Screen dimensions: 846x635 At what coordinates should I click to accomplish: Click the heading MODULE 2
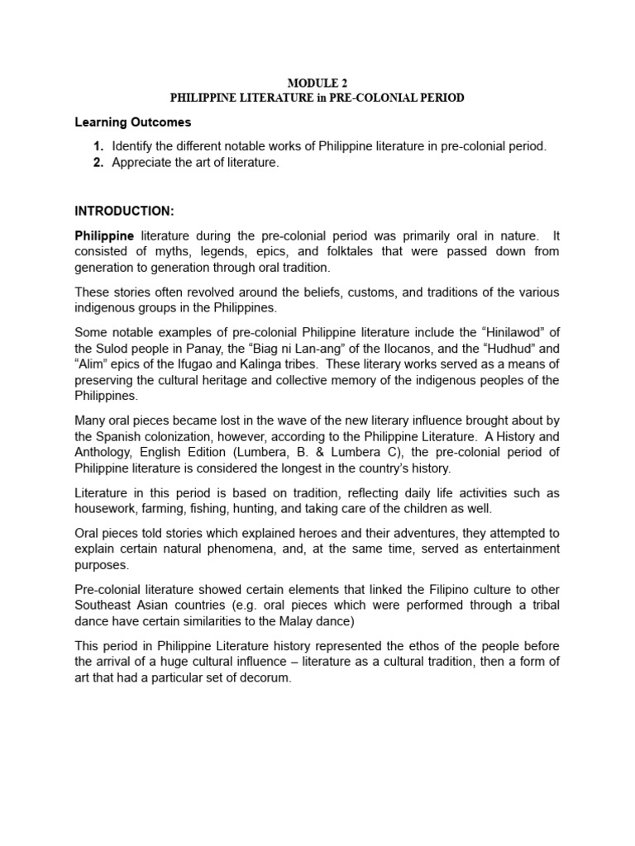point(317,83)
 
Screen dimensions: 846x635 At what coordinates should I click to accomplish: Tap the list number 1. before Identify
point(98,146)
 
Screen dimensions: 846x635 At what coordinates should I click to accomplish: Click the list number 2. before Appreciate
point(98,163)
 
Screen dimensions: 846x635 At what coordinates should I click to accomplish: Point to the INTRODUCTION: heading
point(124,211)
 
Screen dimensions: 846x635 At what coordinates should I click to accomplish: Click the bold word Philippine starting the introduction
point(104,235)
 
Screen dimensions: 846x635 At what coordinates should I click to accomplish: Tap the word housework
point(107,509)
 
